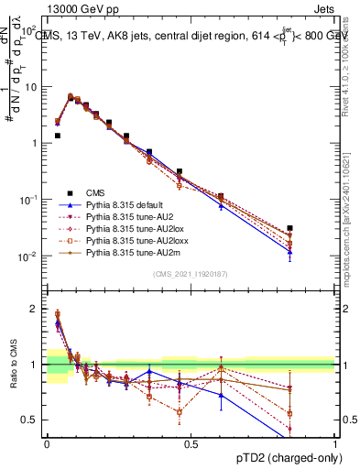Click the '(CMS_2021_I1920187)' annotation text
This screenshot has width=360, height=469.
[191, 274]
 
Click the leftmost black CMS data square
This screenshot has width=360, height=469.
[57, 136]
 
